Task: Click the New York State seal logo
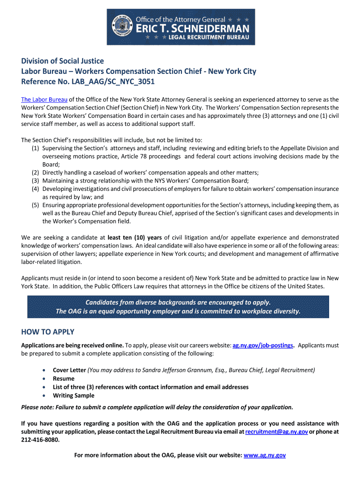pyautogui.click(x=122, y=27)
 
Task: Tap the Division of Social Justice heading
pyautogui.click(x=63, y=61)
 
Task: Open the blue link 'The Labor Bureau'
pyautogui.click(x=44, y=100)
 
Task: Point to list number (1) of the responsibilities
pyautogui.click(x=36, y=148)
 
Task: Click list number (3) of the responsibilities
pyautogui.click(x=36, y=181)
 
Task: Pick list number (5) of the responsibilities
pyautogui.click(x=36, y=205)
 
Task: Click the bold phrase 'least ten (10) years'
pyautogui.click(x=135, y=238)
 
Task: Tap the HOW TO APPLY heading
pyautogui.click(x=48, y=332)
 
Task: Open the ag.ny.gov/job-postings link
pyautogui.click(x=263, y=346)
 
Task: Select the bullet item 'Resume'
pyautogui.click(x=64, y=378)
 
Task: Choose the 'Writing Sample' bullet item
pyautogui.click(x=73, y=396)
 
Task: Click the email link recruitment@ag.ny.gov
pyautogui.click(x=276, y=432)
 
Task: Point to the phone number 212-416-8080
pyautogui.click(x=41, y=440)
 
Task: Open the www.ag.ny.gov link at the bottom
pyautogui.click(x=265, y=455)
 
